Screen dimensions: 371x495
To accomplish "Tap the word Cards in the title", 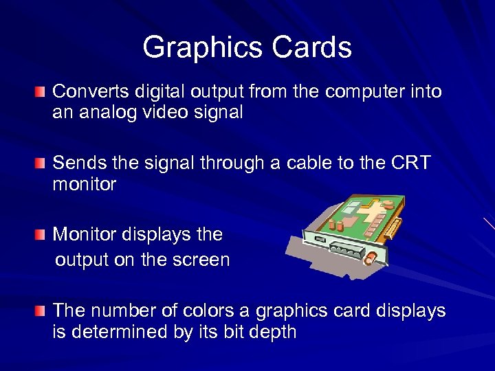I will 312,48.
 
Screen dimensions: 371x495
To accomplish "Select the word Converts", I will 87,91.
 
